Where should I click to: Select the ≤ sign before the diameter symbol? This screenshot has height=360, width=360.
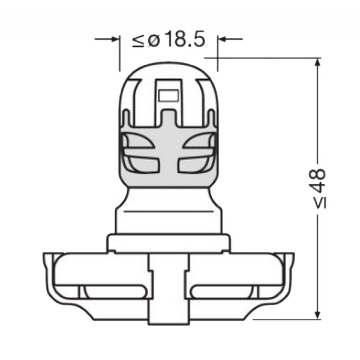[138, 41]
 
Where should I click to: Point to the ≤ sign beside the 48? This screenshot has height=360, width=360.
[320, 203]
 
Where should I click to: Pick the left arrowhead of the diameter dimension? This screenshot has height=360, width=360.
[115, 39]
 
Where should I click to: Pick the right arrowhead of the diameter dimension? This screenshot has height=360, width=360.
[222, 39]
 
